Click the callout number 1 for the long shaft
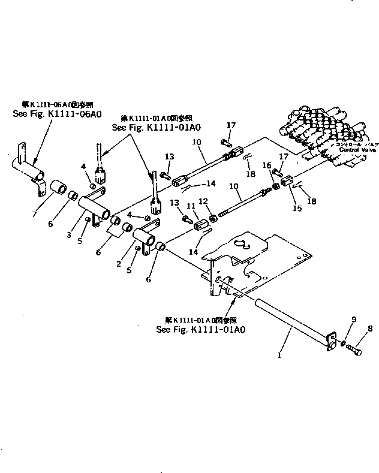pos(279,355)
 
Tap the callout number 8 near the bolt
pos(370,329)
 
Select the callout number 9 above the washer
pos(354,320)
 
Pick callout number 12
pos(203,201)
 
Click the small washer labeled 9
pos(342,344)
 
